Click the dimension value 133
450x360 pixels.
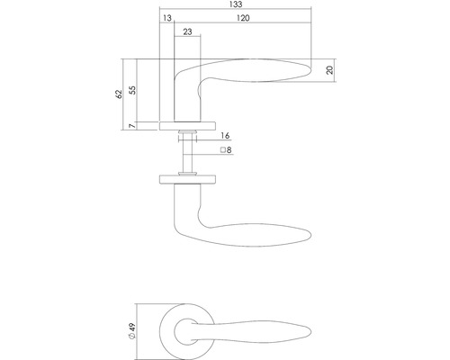pos(236,5)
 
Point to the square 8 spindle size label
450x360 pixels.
pos(225,149)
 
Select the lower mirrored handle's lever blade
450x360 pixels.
pos(261,235)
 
